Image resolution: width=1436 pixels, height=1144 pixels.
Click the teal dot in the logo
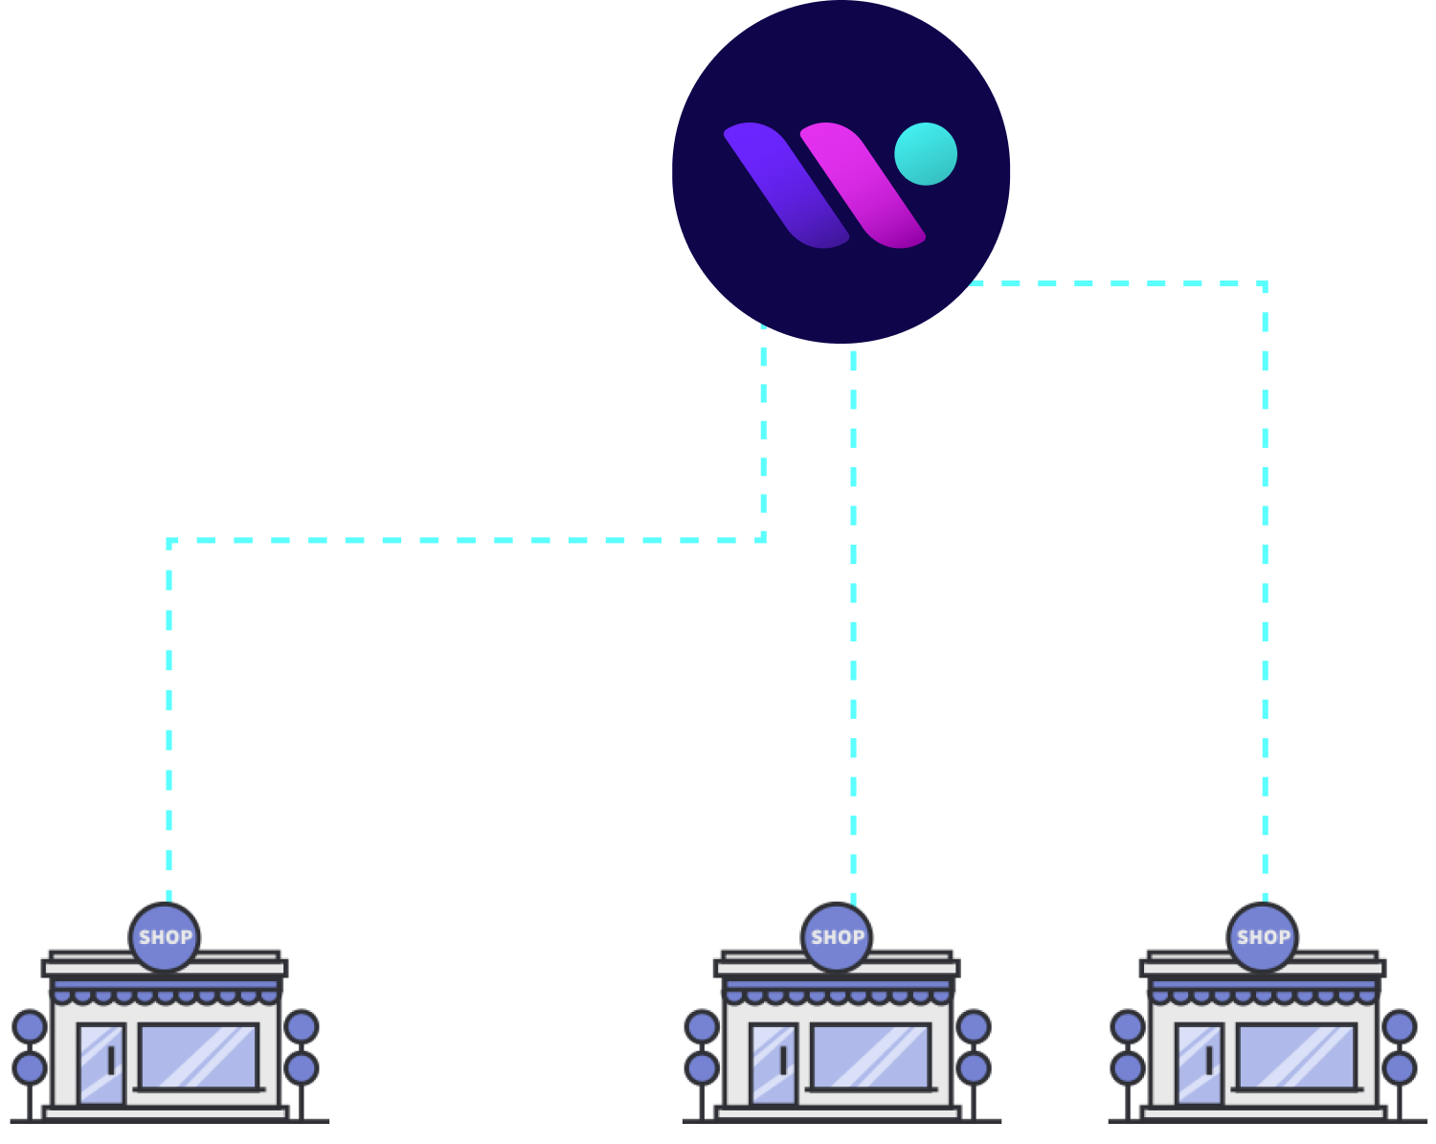coord(926,154)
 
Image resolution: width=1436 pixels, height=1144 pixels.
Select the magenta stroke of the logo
coord(862,185)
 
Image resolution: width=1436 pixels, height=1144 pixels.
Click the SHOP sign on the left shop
coord(165,937)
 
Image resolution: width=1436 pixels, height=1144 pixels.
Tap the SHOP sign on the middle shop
coord(837,937)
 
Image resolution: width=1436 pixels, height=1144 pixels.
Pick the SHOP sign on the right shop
coord(1263,937)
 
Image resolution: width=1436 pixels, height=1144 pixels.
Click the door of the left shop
coord(101,1064)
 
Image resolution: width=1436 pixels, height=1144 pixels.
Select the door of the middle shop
coord(774,1064)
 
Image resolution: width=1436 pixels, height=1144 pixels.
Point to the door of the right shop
coord(1200,1064)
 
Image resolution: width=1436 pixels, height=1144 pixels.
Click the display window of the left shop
coord(199,1056)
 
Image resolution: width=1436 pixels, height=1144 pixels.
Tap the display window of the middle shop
coord(871,1056)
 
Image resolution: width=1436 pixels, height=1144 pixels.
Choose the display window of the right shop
coord(1297,1056)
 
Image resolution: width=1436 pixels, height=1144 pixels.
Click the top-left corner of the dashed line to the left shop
coord(169,541)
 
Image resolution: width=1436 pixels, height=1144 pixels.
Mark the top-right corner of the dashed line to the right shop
coord(1265,284)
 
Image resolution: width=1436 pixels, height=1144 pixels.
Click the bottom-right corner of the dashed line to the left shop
coord(763,540)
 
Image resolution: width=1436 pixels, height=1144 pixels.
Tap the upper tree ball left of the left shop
coord(30,1027)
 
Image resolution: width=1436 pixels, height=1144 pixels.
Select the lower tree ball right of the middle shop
coord(974,1067)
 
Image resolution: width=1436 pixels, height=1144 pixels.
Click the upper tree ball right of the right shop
coord(1400,1027)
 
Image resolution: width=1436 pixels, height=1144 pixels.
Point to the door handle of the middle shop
coord(783,1060)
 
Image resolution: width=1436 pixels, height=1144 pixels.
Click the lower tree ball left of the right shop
coord(1128,1067)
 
